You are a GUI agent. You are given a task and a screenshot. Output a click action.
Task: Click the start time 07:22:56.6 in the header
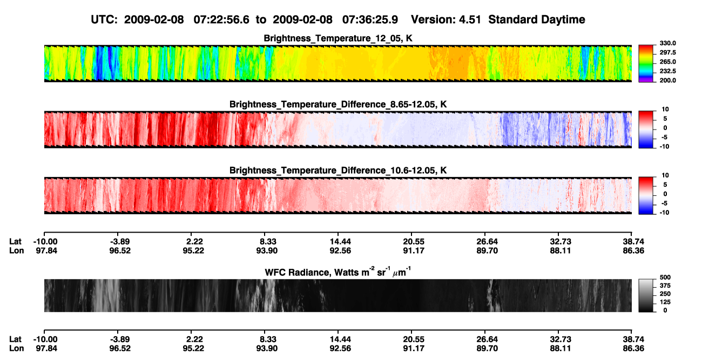pos(221,20)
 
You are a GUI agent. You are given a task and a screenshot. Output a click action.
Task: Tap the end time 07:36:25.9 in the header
pos(370,20)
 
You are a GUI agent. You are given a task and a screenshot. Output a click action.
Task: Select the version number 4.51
pos(470,20)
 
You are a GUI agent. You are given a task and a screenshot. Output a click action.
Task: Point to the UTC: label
pos(104,20)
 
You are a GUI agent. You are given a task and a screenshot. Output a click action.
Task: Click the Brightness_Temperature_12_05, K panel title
pos(338,38)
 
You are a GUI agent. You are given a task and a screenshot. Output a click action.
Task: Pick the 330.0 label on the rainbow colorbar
pos(667,43)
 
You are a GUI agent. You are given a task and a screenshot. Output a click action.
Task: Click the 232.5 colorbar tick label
pos(667,71)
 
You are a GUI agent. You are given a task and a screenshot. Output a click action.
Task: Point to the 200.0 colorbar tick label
pos(667,80)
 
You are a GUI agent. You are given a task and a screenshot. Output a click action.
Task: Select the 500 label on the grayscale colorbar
pos(665,277)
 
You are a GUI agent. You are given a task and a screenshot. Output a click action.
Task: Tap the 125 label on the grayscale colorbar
pos(665,302)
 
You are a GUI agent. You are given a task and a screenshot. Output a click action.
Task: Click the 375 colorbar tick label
pos(665,286)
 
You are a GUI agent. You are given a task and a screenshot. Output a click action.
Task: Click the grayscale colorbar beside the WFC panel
pos(646,295)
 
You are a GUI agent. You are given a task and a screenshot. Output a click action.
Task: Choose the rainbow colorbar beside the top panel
pos(646,64)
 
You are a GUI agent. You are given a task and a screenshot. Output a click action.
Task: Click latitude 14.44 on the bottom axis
pos(340,339)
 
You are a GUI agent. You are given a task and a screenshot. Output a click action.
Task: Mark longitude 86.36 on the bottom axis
pos(633,349)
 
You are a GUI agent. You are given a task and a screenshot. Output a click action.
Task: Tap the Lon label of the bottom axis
pos(17,349)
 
